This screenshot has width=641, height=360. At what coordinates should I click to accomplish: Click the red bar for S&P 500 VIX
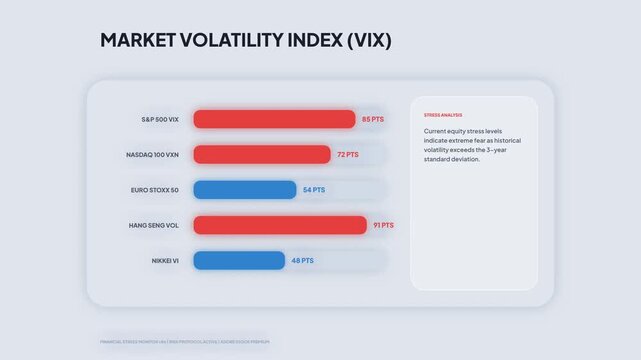pyautogui.click(x=274, y=119)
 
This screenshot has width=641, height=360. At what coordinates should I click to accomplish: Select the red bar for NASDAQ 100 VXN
pyautogui.click(x=261, y=154)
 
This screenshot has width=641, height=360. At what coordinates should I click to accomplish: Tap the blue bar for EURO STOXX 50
pyautogui.click(x=244, y=190)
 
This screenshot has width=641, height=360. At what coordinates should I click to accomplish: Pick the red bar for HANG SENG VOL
pyautogui.click(x=280, y=225)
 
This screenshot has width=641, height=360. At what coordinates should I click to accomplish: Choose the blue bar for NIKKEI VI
pyautogui.click(x=239, y=260)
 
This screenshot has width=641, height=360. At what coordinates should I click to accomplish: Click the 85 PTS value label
pyautogui.click(x=373, y=119)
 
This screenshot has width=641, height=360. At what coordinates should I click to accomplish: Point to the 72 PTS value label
pyautogui.click(x=348, y=155)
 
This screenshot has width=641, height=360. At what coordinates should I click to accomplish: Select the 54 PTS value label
pyautogui.click(x=315, y=190)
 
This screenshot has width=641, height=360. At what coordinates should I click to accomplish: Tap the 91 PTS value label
pyautogui.click(x=383, y=225)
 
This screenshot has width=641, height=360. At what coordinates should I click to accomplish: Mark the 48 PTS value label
pyautogui.click(x=303, y=260)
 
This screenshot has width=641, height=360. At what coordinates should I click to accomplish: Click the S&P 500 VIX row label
pyautogui.click(x=159, y=119)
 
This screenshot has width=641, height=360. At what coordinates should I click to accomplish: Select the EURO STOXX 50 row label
pyautogui.click(x=154, y=190)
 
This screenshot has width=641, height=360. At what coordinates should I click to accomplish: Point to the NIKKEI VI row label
pyautogui.click(x=163, y=260)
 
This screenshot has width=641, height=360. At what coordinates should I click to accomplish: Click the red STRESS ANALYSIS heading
pyautogui.click(x=443, y=115)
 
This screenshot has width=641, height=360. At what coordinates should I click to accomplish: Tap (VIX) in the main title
pyautogui.click(x=361, y=41)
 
